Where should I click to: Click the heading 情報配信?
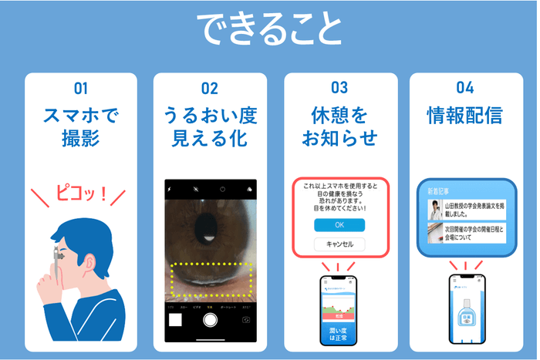coord(464,116)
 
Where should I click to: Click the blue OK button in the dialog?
coord(339,225)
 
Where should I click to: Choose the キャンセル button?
coord(339,244)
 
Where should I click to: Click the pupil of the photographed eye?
coord(208,227)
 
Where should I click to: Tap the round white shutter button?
coord(209,320)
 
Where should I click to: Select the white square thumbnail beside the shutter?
coord(175,320)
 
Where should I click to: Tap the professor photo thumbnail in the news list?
coord(436,210)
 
